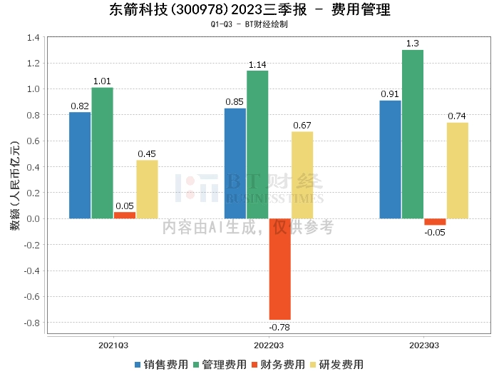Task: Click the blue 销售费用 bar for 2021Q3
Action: point(80,165)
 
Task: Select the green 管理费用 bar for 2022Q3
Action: point(257,144)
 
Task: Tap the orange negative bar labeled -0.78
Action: point(279,269)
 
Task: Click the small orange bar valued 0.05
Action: point(125,215)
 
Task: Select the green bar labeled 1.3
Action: point(413,134)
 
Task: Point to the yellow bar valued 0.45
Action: point(147,189)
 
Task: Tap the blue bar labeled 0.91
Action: point(390,159)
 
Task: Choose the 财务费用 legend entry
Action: point(278,365)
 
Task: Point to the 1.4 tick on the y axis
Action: point(33,37)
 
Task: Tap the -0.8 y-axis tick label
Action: point(31,322)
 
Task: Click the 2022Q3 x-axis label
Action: point(269,345)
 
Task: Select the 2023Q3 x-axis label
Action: point(423,345)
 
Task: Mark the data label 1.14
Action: point(257,65)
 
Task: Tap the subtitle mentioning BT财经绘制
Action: point(249,24)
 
